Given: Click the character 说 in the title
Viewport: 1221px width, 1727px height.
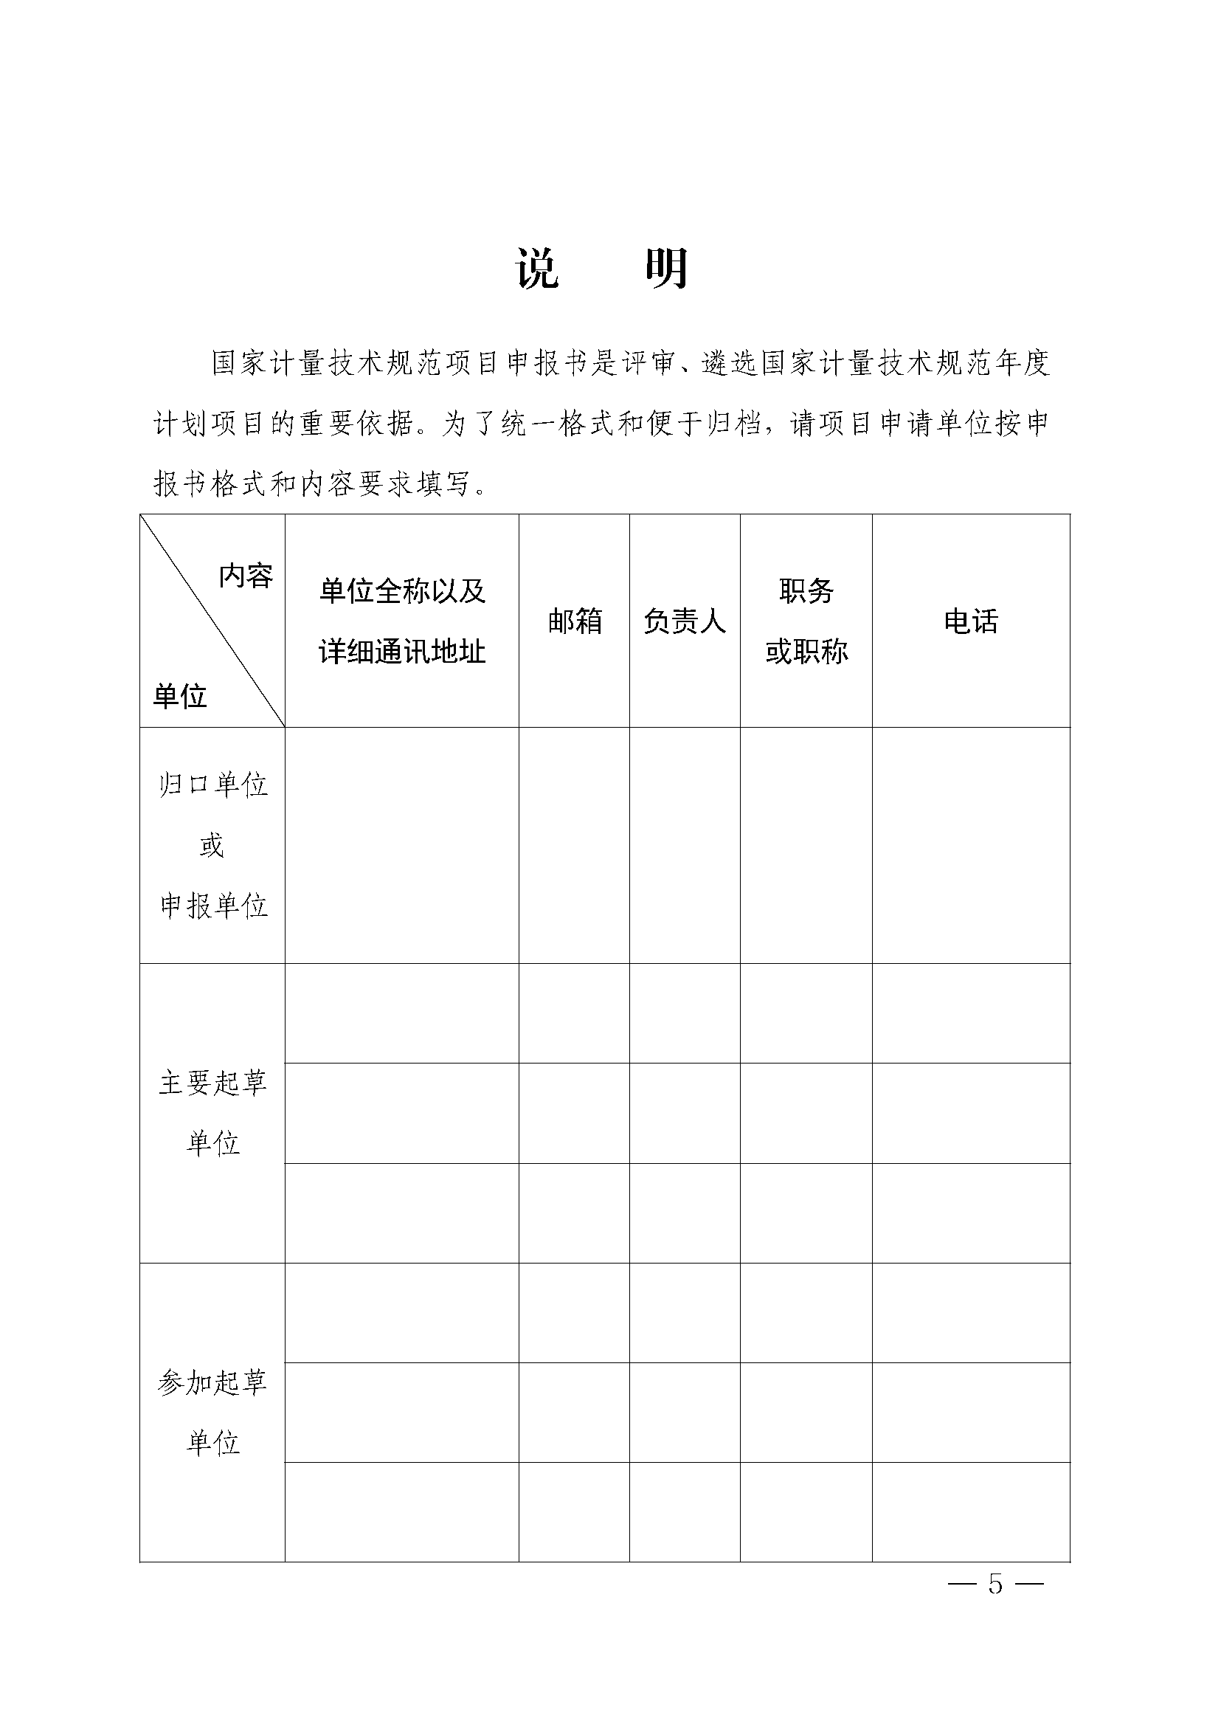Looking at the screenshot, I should tap(538, 269).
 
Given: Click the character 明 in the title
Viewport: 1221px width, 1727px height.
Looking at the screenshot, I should tap(667, 269).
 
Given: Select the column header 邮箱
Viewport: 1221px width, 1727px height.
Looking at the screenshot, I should tap(575, 621).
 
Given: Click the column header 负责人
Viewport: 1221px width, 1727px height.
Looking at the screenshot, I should tap(684, 621).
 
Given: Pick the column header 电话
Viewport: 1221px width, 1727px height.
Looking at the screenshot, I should tap(971, 621).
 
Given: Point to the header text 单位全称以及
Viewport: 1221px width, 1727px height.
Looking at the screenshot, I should tap(402, 591).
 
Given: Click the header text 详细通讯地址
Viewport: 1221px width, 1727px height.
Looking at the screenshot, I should tap(402, 652).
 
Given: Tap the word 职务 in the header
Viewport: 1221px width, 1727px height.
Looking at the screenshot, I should tap(806, 591).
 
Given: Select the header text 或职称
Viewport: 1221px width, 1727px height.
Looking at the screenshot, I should tap(806, 652).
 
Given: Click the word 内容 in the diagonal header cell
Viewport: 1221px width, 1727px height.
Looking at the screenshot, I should tap(246, 576).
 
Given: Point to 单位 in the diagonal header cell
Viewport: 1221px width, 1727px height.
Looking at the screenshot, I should tap(180, 697).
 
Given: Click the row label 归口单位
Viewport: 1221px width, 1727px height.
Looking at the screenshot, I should tap(212, 785).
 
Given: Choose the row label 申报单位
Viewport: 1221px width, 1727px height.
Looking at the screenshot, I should tap(212, 906).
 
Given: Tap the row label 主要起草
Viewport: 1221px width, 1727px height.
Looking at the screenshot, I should tap(212, 1084).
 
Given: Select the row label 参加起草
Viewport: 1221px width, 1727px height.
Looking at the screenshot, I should tap(212, 1382).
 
